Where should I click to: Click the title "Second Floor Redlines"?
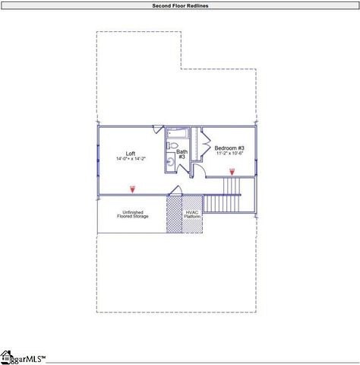pyautogui.click(x=180, y=5)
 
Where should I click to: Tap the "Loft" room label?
pyautogui.click(x=131, y=153)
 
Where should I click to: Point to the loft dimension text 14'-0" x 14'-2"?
pyautogui.click(x=131, y=159)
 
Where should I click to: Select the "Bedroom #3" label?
pyautogui.click(x=229, y=148)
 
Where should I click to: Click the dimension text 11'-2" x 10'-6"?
pyautogui.click(x=229, y=154)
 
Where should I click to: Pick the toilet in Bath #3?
pyautogui.click(x=173, y=145)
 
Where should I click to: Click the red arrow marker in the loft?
pyautogui.click(x=132, y=187)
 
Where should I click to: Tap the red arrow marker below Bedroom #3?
pyautogui.click(x=232, y=172)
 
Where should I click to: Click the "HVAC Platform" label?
pyautogui.click(x=193, y=214)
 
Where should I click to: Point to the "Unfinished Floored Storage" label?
pyautogui.click(x=132, y=214)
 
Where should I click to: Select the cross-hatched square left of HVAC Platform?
pyautogui.click(x=174, y=214)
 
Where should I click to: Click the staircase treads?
pyautogui.click(x=223, y=204)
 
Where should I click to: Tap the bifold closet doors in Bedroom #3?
pyautogui.click(x=203, y=142)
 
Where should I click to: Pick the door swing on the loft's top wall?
pyautogui.click(x=157, y=129)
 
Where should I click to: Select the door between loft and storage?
pyautogui.click(x=174, y=190)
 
